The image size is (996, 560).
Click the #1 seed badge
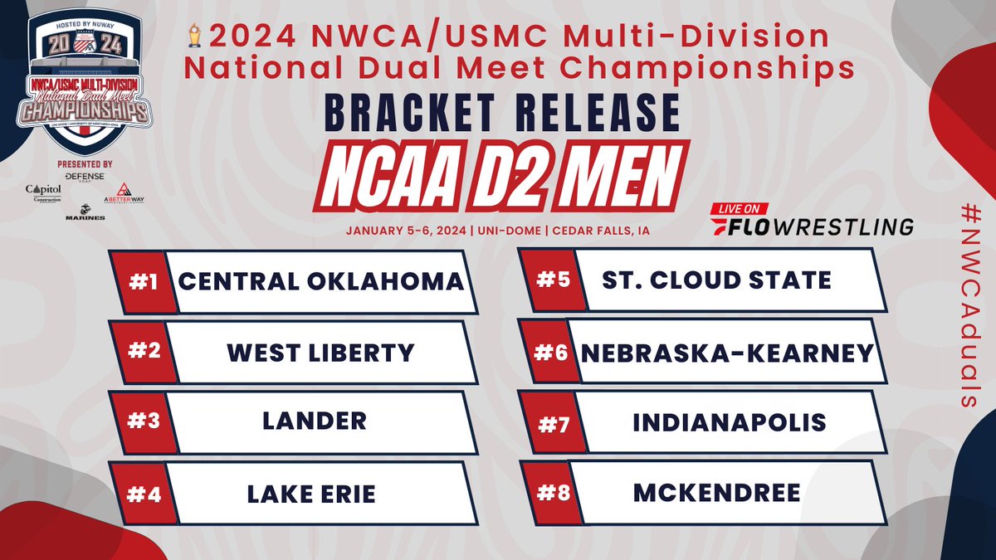point(140,281)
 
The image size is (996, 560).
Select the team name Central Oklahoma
point(320,281)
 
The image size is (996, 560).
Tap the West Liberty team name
point(320,353)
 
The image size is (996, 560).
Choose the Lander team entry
point(315,421)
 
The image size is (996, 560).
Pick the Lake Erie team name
point(311,494)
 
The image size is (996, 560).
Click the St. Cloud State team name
point(717,280)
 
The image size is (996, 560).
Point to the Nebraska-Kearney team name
point(727,353)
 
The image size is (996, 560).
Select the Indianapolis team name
point(729,422)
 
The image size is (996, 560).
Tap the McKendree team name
point(716,494)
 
